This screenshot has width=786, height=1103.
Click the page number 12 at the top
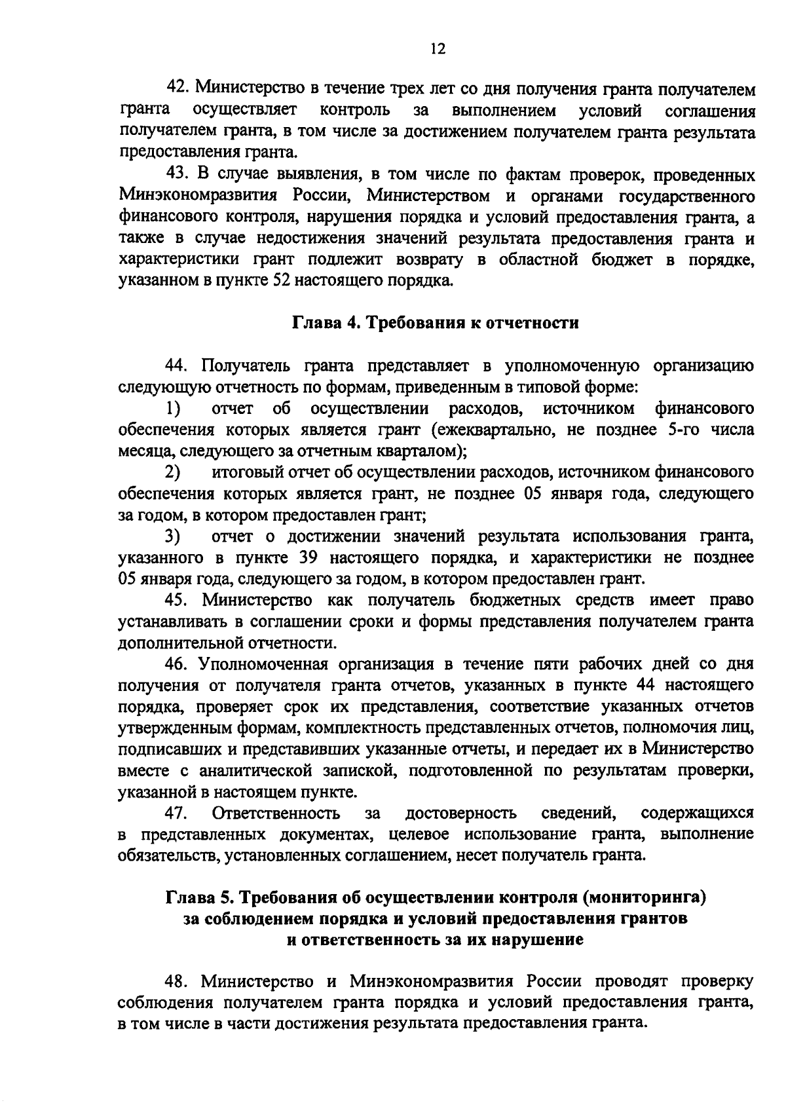438,48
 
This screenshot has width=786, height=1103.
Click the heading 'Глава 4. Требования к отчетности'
435,323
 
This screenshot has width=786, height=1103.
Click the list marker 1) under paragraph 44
173,409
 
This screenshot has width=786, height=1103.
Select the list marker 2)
173,472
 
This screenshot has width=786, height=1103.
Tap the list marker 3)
173,536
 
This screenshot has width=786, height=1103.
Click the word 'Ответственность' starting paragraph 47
276,813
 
